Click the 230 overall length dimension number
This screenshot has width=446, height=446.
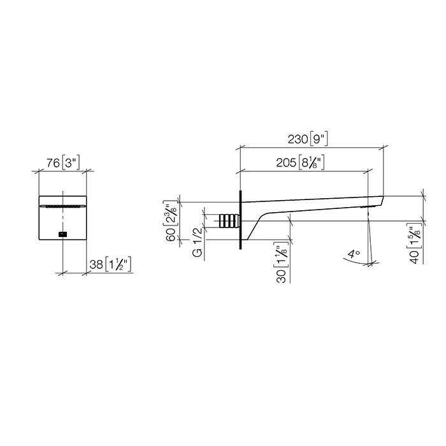pos(298,140)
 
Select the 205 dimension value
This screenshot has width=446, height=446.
pos(286,162)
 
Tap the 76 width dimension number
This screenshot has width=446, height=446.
pos(53,163)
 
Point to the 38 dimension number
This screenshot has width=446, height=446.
pos(96,264)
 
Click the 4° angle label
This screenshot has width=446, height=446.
pos(354,254)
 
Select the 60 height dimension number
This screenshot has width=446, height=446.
pos(171,234)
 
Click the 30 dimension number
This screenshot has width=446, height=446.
pos(282,276)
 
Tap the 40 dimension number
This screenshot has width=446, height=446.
pos(415,257)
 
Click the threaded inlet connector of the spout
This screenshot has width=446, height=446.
pos(229,221)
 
